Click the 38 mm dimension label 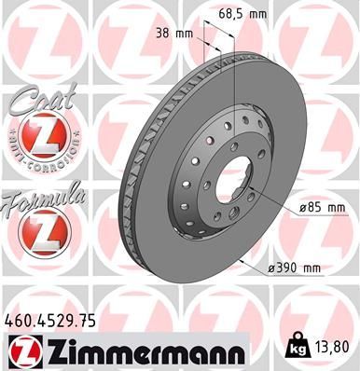point(174,34)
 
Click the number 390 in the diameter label point(285,269)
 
